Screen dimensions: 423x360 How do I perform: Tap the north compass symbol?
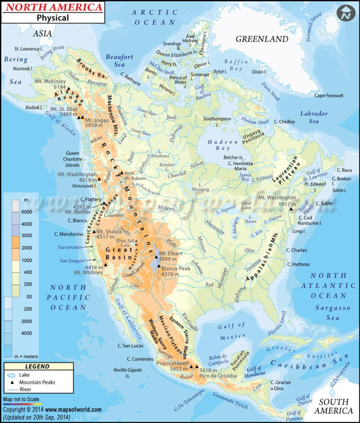point(345,14)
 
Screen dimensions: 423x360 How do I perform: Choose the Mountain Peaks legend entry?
point(43,382)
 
